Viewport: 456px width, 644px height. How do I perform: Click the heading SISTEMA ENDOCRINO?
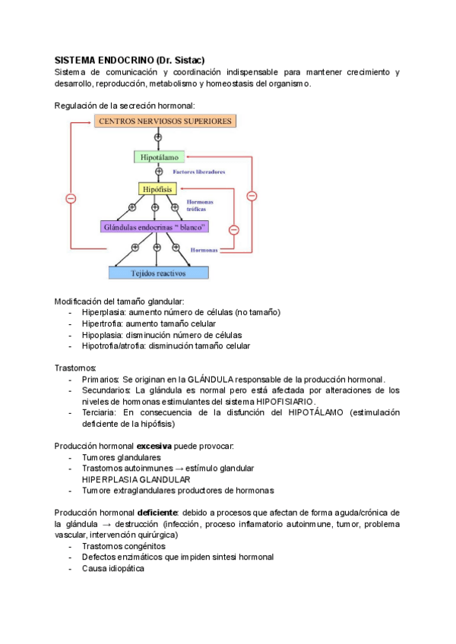click(103, 60)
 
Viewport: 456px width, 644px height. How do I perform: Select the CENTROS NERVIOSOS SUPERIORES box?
click(164, 121)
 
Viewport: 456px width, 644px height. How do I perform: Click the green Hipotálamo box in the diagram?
click(159, 157)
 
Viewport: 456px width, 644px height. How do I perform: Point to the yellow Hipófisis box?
click(157, 188)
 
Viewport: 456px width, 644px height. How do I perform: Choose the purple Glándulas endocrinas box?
click(154, 226)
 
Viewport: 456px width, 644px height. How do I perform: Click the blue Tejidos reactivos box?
click(158, 273)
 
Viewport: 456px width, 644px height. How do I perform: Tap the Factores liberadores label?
click(199, 172)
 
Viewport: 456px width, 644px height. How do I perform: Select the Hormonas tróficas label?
click(200, 207)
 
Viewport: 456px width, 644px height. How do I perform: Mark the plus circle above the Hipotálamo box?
click(158, 138)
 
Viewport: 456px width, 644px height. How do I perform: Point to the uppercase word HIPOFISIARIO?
click(283, 401)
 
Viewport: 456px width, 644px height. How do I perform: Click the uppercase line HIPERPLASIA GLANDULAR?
click(136, 479)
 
